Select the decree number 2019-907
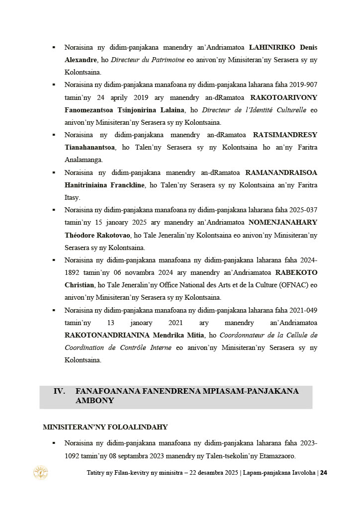(x=302, y=85)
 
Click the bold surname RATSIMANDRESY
(x=285, y=135)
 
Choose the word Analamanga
(x=84, y=160)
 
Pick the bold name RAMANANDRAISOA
(x=281, y=172)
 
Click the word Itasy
(x=72, y=197)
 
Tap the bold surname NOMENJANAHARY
(x=282, y=222)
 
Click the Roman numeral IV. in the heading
(x=60, y=391)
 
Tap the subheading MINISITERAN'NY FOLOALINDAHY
(x=105, y=427)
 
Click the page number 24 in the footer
(x=324, y=473)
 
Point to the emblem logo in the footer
(x=40, y=473)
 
